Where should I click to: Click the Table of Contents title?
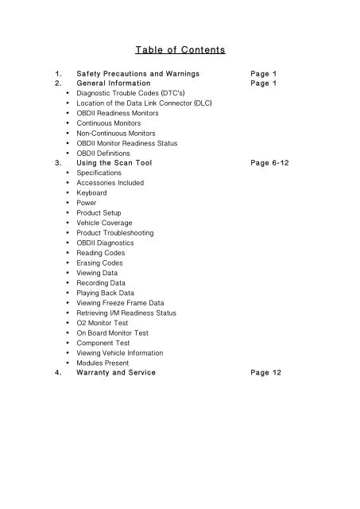[x=180, y=51]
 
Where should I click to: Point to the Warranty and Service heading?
[x=116, y=372]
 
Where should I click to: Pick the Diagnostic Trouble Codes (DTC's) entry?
[x=127, y=93]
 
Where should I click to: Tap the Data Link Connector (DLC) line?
[x=144, y=103]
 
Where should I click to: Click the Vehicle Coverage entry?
[x=104, y=223]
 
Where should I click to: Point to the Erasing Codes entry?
[x=100, y=262]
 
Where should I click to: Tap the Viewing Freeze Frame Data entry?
[x=120, y=302]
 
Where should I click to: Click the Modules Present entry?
[x=104, y=363]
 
